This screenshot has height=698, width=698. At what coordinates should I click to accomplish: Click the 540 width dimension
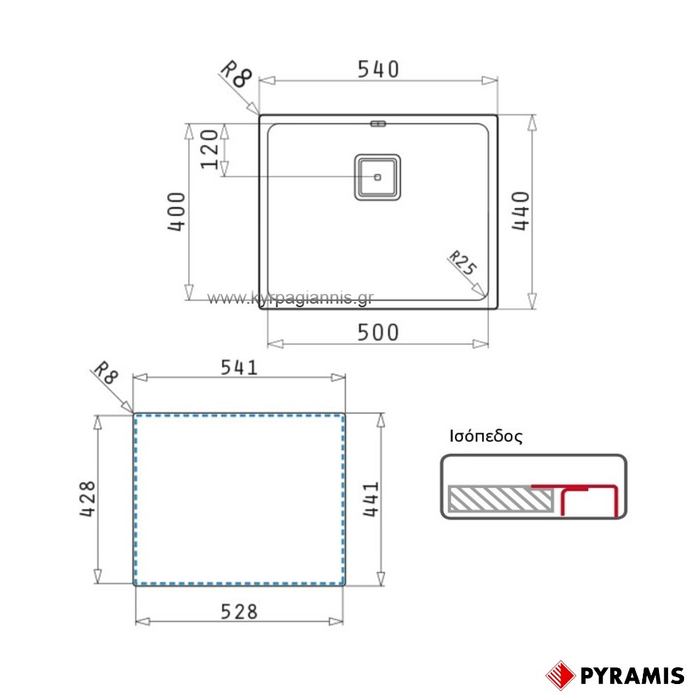(x=378, y=69)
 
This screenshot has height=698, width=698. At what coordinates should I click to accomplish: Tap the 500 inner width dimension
(x=378, y=332)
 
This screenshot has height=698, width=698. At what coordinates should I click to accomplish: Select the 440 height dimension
(x=521, y=211)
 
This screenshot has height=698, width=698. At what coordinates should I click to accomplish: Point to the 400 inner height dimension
(x=177, y=211)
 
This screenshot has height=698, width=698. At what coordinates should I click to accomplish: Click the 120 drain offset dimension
(x=209, y=149)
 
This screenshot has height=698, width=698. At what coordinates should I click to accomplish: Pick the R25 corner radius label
(x=463, y=262)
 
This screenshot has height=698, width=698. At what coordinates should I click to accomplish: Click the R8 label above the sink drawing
(x=236, y=74)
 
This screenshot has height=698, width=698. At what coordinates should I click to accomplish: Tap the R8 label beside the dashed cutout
(x=105, y=372)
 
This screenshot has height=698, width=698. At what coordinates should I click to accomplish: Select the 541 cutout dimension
(x=239, y=368)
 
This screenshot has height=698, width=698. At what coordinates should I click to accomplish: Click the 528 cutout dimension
(x=239, y=611)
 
